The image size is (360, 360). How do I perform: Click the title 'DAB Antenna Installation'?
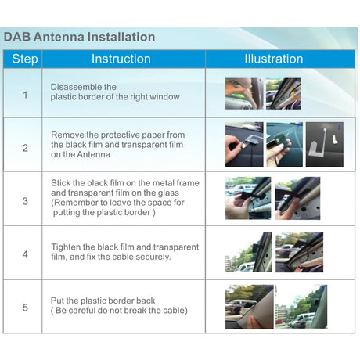[79, 37]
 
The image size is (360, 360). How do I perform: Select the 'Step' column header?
[25, 59]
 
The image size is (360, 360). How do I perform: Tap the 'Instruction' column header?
[121, 59]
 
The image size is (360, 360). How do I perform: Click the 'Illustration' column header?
[273, 59]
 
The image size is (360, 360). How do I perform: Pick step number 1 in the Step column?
[25, 94]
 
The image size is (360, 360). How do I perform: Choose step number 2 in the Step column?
[25, 147]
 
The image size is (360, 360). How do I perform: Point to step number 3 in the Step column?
[25, 201]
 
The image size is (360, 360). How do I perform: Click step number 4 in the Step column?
[25, 254]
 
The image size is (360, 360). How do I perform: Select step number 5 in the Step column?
[25, 308]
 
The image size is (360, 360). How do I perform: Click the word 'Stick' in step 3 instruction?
[62, 183]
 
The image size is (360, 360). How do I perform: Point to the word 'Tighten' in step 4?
[68, 247]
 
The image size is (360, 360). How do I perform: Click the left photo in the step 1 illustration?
[243, 93]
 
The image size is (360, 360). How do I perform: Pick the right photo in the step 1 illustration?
[283, 93]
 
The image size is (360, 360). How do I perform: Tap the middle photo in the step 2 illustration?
[283, 145]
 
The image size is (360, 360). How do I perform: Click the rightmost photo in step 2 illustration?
[324, 145]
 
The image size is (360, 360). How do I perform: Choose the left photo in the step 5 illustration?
[249, 307]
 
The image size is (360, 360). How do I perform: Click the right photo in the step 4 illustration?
[299, 252]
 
